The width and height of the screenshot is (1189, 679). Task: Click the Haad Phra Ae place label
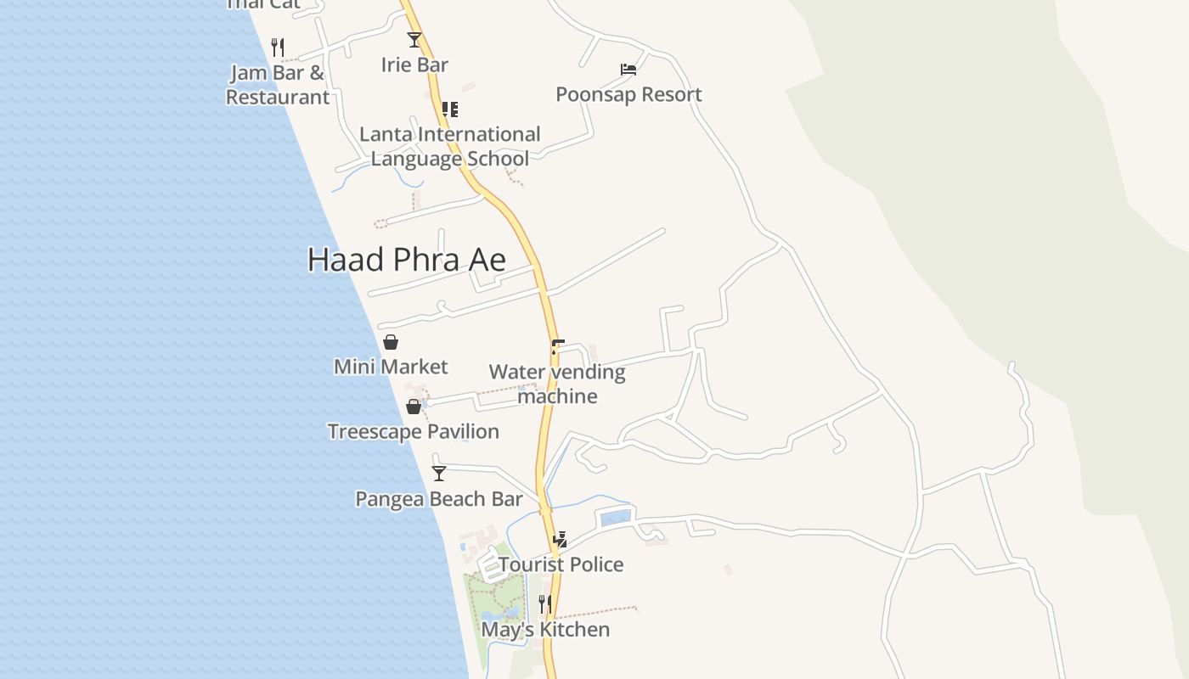click(407, 260)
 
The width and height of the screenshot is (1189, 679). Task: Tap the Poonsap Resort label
click(628, 94)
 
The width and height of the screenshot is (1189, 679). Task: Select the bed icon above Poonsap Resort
click(628, 70)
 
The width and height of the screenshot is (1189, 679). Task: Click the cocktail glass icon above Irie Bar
click(414, 40)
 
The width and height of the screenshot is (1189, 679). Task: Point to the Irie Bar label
click(414, 65)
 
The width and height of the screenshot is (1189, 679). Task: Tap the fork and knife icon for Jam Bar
click(278, 47)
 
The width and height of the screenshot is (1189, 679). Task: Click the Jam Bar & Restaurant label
click(278, 85)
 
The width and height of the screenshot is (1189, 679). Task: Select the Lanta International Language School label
click(449, 146)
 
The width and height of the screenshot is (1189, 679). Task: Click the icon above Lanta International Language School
click(450, 109)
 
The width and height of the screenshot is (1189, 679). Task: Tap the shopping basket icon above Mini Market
click(391, 342)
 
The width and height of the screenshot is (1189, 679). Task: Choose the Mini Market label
click(391, 367)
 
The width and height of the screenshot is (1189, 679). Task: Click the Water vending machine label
click(557, 384)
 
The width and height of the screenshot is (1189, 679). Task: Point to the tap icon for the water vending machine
click(557, 347)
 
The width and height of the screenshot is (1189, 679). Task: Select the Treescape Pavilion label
click(414, 431)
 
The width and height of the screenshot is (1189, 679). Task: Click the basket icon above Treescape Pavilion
click(414, 407)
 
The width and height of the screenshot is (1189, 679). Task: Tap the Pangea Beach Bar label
click(439, 498)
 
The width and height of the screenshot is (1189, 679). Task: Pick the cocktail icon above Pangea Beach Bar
click(439, 474)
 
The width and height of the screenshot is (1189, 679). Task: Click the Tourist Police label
click(561, 564)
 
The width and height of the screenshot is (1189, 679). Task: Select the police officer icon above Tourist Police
click(560, 539)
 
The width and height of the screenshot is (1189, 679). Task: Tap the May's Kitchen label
click(545, 630)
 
